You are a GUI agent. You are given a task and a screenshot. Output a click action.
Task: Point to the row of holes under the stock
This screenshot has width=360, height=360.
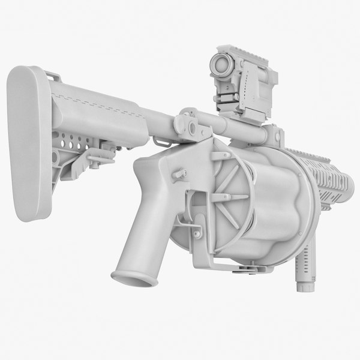pos(73,144)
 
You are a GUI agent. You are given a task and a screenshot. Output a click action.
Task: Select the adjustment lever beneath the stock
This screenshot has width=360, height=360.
pos(97,157)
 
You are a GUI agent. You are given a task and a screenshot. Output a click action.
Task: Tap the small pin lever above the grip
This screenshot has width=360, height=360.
pos(178,173)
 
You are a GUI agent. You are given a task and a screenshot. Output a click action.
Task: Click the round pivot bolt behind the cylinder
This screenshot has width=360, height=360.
pos(193,127)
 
